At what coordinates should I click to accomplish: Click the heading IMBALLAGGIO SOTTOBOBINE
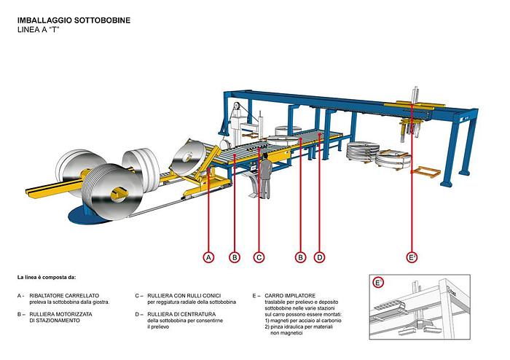click(74, 20)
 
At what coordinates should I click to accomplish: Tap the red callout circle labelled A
click(209, 257)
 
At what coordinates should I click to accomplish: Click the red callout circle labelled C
click(259, 257)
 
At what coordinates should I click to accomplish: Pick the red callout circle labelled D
click(319, 257)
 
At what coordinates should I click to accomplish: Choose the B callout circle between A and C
click(235, 257)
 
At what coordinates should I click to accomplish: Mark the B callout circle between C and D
click(300, 257)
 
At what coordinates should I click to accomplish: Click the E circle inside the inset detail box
click(378, 283)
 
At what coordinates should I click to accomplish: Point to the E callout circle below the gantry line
click(412, 257)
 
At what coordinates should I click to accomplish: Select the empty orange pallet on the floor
click(427, 173)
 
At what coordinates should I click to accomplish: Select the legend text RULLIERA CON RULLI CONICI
click(185, 296)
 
